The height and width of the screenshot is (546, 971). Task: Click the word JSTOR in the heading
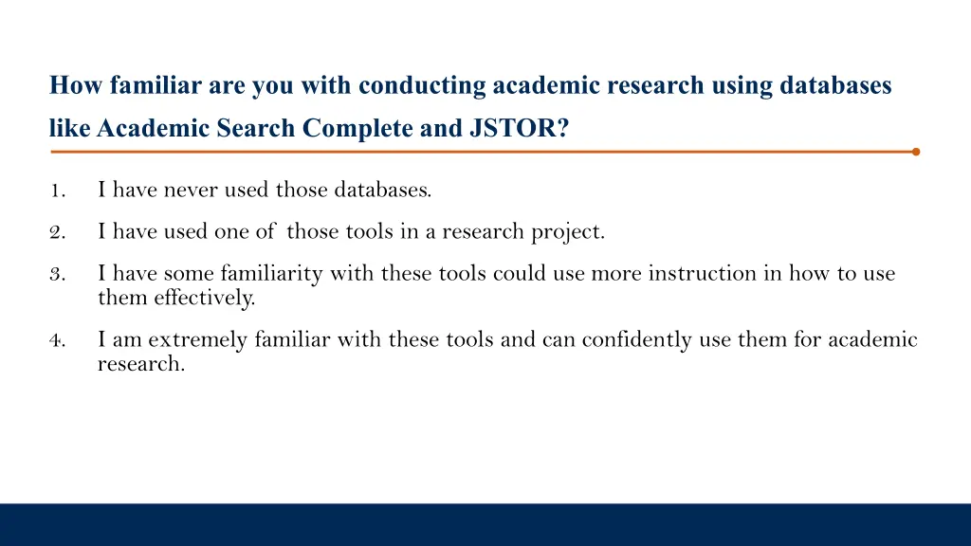click(x=518, y=128)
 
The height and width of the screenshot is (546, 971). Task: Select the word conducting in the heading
click(x=422, y=86)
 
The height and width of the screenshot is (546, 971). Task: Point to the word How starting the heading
click(x=76, y=86)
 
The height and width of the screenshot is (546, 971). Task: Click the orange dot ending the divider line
click(x=915, y=151)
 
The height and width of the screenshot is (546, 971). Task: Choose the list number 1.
click(x=57, y=190)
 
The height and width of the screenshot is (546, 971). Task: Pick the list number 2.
click(x=57, y=231)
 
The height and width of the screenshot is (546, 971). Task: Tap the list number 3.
click(x=57, y=275)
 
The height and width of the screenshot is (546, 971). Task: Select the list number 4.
click(x=57, y=340)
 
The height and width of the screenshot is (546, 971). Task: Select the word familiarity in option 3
click(x=271, y=274)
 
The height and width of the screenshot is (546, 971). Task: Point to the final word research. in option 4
click(x=140, y=364)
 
